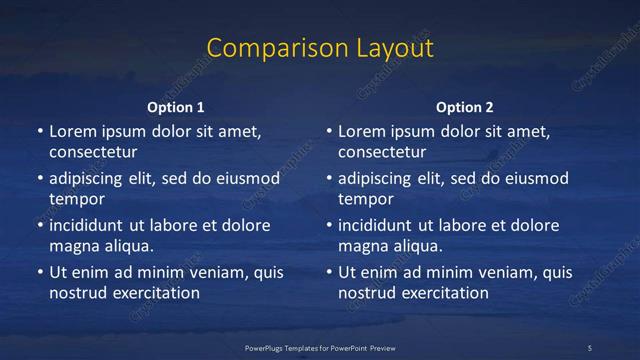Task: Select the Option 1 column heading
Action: click(x=176, y=107)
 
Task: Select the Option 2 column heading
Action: click(x=465, y=107)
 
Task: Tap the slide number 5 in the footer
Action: click(x=590, y=347)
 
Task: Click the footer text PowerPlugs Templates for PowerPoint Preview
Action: click(x=320, y=347)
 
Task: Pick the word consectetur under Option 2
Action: click(x=382, y=153)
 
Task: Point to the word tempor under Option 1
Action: click(x=77, y=199)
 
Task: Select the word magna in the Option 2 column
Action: click(x=362, y=245)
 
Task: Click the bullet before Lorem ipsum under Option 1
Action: click(x=39, y=132)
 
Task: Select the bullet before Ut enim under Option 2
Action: click(x=328, y=272)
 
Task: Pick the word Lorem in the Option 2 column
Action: click(x=363, y=132)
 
